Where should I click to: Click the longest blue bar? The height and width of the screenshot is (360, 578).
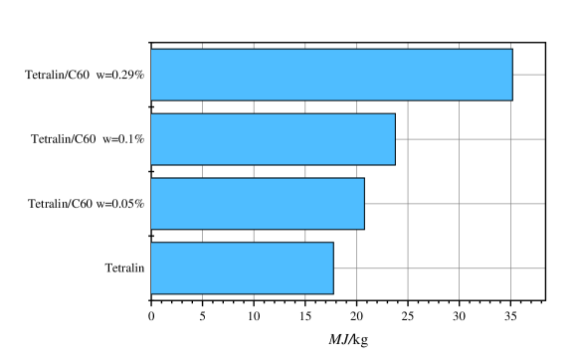click(x=331, y=75)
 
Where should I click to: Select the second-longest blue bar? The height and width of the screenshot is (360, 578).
click(x=273, y=139)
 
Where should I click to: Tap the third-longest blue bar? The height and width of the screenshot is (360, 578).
click(x=257, y=204)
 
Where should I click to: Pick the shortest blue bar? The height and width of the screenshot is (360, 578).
click(x=242, y=269)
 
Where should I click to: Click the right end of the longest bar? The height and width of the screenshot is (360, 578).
click(x=511, y=75)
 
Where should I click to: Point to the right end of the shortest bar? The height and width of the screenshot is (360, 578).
click(x=332, y=269)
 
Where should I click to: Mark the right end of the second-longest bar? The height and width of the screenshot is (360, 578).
click(x=394, y=139)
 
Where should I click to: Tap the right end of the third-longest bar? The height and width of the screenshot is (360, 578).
click(x=363, y=204)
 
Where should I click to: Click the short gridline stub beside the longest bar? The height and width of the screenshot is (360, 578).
click(x=528, y=75)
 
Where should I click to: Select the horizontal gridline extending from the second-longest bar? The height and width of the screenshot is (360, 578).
click(x=468, y=139)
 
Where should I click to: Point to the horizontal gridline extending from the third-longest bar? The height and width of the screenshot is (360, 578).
click(x=453, y=204)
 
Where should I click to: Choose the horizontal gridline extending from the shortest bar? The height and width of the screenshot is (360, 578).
click(x=438, y=269)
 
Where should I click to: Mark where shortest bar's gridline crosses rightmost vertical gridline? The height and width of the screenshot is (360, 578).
click(x=510, y=269)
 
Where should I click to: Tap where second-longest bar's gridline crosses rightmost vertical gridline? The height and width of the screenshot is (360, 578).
click(x=510, y=139)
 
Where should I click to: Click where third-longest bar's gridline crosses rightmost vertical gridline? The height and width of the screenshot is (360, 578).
click(x=510, y=204)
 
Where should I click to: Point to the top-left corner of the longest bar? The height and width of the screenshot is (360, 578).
click(x=151, y=50)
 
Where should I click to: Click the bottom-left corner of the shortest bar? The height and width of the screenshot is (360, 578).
click(x=151, y=293)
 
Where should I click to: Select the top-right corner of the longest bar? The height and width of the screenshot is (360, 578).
click(x=511, y=50)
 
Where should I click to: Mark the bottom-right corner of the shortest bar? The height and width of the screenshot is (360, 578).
click(x=332, y=293)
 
